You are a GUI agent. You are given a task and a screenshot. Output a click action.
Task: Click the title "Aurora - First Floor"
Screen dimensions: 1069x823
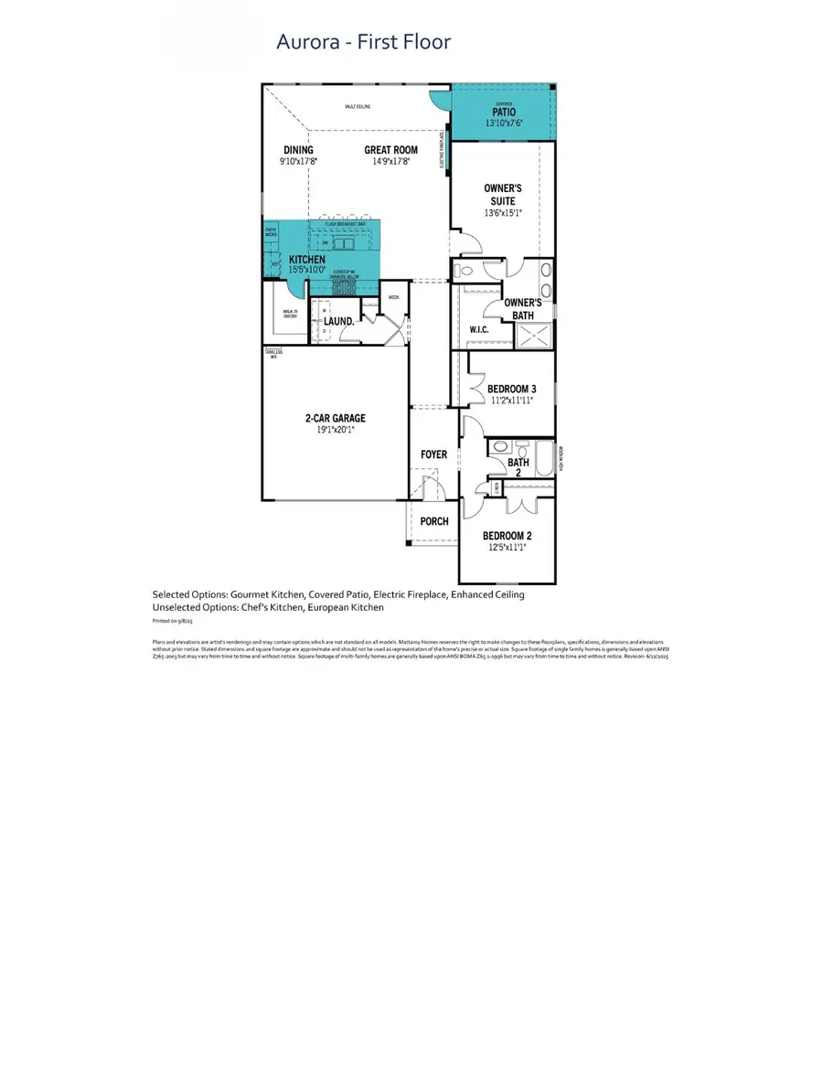point(363,42)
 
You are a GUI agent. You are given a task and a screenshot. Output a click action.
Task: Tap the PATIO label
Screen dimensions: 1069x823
point(504,112)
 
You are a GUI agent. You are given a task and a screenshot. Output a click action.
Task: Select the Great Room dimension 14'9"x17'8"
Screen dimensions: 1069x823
point(390,162)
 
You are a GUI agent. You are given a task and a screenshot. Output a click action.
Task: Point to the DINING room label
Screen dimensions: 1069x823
point(298,150)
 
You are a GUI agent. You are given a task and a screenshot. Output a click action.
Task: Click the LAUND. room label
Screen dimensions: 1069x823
point(339,321)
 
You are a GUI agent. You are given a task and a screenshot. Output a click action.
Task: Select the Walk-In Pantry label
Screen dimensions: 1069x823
point(289,314)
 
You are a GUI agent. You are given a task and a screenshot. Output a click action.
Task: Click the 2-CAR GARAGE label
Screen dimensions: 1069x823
point(336,418)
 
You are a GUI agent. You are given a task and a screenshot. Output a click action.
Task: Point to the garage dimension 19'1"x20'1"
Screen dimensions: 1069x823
point(336,430)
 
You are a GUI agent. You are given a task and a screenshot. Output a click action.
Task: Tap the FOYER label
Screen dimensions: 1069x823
point(433,454)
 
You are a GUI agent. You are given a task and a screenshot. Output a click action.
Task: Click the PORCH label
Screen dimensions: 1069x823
point(434,521)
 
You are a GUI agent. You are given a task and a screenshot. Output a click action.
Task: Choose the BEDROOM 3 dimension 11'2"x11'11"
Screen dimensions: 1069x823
point(510,400)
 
